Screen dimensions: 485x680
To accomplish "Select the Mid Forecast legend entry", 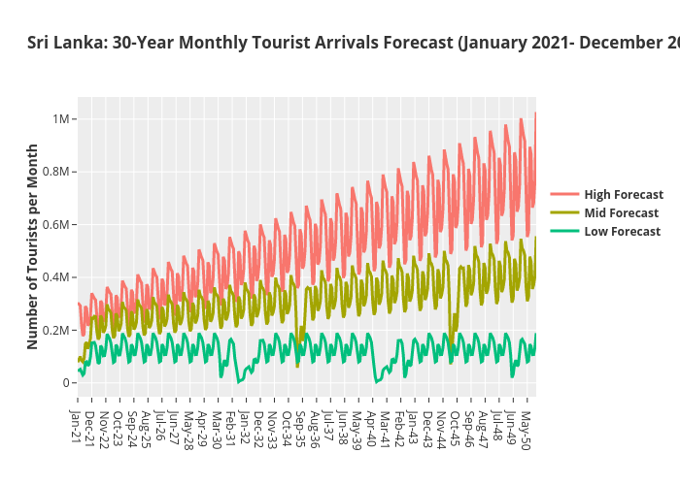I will (621, 213).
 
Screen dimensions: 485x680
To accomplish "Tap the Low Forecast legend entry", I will (622, 232).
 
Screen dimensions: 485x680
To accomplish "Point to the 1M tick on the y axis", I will (59, 119).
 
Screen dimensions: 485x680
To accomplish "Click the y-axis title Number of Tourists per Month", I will (33, 246).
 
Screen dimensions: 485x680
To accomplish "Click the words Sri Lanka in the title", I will (64, 43).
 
